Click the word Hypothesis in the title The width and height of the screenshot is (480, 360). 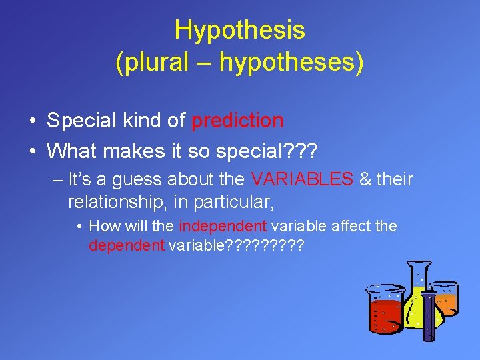pyautogui.click(x=239, y=30)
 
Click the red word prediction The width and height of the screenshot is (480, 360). pyautogui.click(x=237, y=121)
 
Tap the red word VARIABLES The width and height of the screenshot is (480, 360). pyautogui.click(x=302, y=180)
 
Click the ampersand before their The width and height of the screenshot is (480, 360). pyautogui.click(x=365, y=180)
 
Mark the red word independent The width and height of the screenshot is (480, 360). pyautogui.click(x=223, y=227)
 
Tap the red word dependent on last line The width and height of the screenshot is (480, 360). pyautogui.click(x=127, y=246)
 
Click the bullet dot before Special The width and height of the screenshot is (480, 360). pyautogui.click(x=33, y=121)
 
